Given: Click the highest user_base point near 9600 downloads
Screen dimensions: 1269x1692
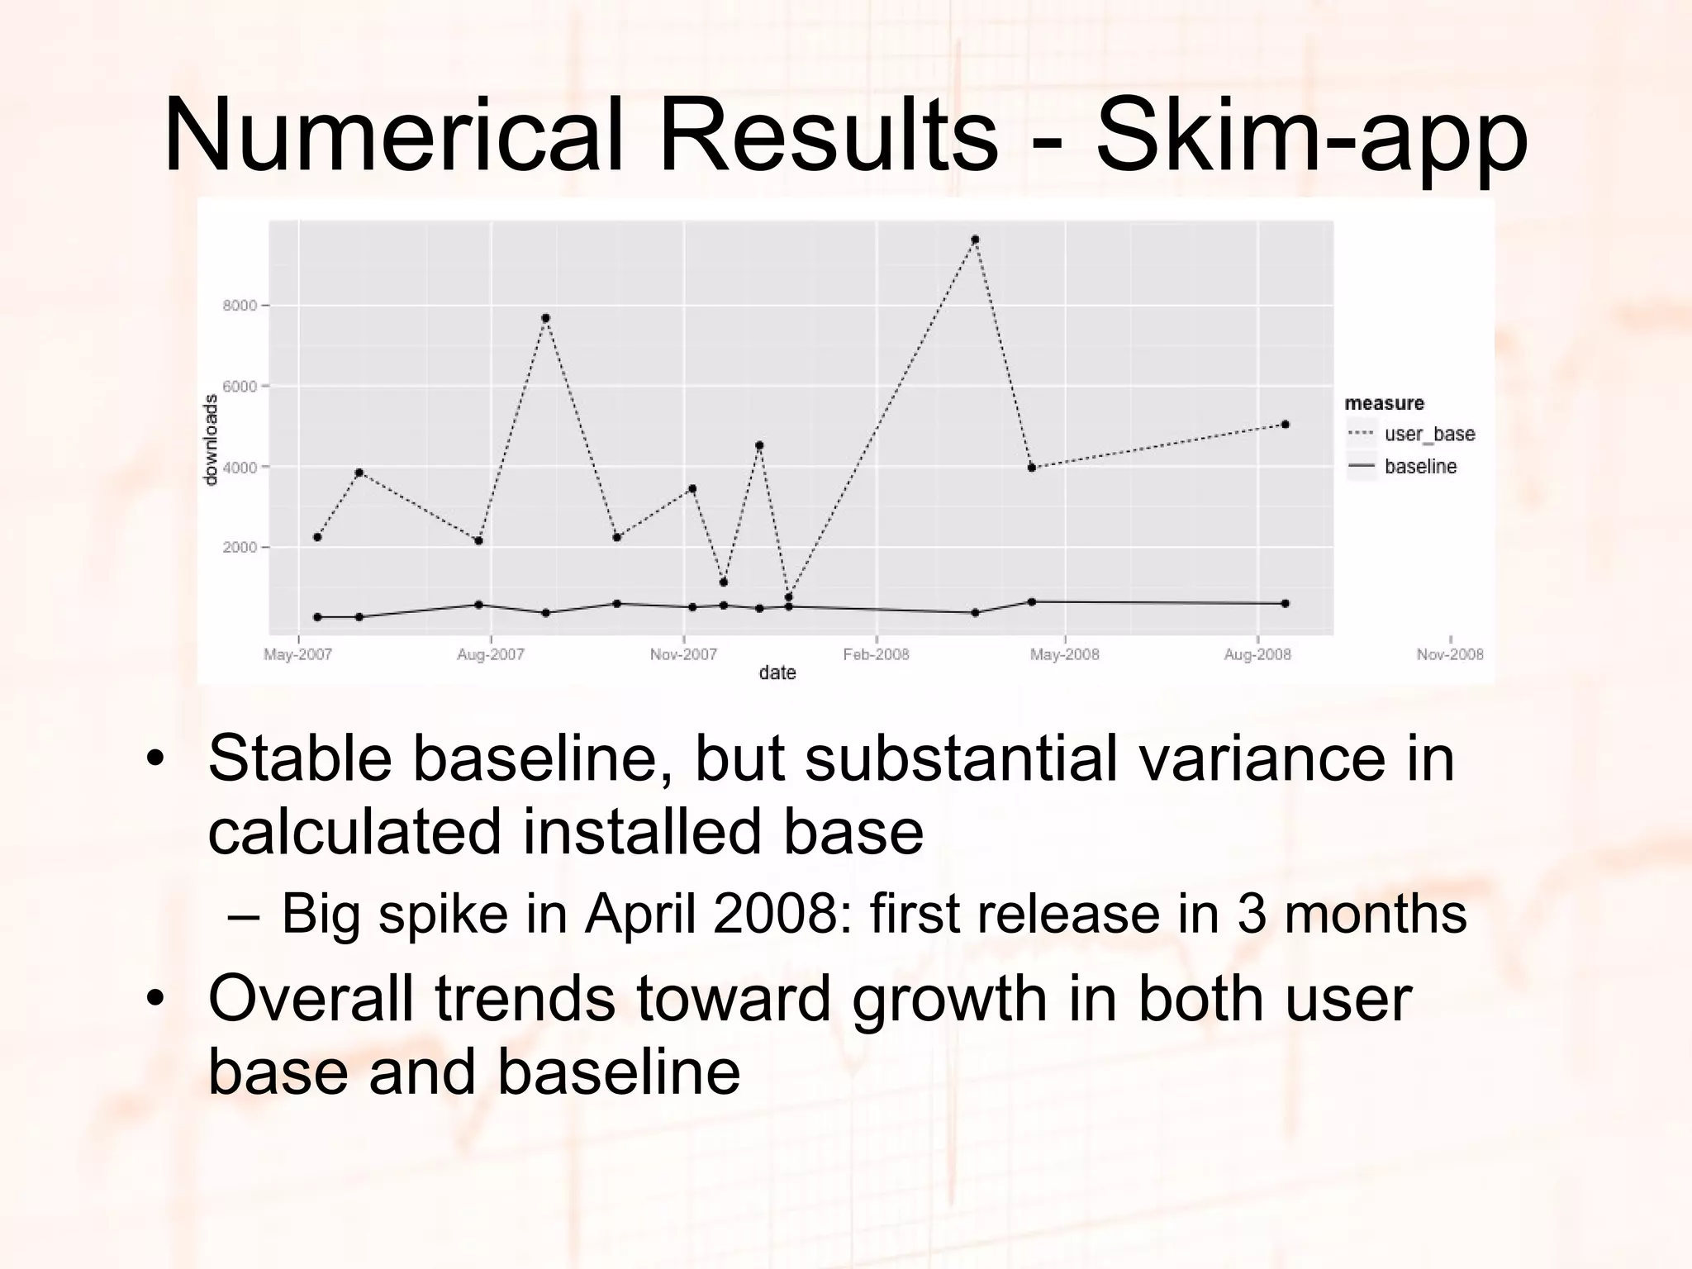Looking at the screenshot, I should pos(975,240).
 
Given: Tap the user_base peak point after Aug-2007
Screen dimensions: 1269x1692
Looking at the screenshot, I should pos(545,318).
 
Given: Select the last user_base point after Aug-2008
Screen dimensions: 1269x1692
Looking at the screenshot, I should pos(1285,425).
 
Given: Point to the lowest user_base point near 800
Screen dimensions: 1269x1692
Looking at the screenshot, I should pos(788,596).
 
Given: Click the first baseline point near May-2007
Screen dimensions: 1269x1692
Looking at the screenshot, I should pos(317,617).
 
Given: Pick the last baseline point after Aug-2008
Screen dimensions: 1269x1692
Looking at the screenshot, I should pos(1285,604).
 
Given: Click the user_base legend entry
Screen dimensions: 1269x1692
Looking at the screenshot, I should pos(1429,435).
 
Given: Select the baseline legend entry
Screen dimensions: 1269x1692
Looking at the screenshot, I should pos(1420,467).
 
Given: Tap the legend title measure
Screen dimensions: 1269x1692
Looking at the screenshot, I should pos(1385,403).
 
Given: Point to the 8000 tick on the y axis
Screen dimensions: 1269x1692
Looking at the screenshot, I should pos(240,306).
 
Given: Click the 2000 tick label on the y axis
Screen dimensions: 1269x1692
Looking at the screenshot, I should pos(240,548).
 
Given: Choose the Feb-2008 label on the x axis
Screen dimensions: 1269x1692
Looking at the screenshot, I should pos(876,655).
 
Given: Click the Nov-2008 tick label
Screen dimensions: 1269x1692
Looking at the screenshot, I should pos(1450,655).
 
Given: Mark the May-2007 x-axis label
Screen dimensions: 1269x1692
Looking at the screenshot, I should pos(297,655).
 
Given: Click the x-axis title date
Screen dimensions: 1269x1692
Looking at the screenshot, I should pos(777,673).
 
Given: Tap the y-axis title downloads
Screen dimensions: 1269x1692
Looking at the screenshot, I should pos(211,440).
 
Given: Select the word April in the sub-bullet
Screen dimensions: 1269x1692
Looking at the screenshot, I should pos(640,914).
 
